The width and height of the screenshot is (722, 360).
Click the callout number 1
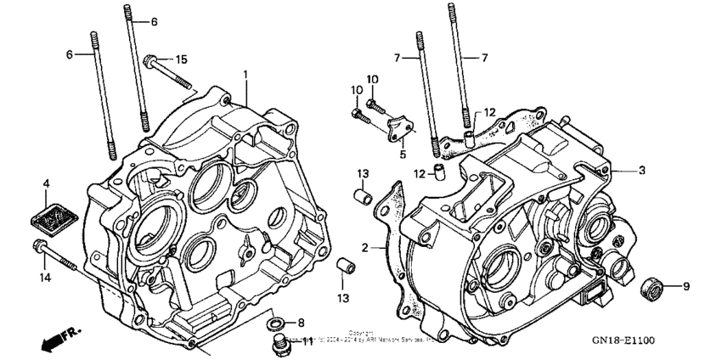[x=246, y=75]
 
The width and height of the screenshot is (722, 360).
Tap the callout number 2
[x=364, y=247]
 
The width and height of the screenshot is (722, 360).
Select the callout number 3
[x=641, y=170]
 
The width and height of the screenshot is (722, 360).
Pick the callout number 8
[x=299, y=323]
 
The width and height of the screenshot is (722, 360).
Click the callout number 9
[x=685, y=286]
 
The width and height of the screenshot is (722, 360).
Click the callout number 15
[x=180, y=59]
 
